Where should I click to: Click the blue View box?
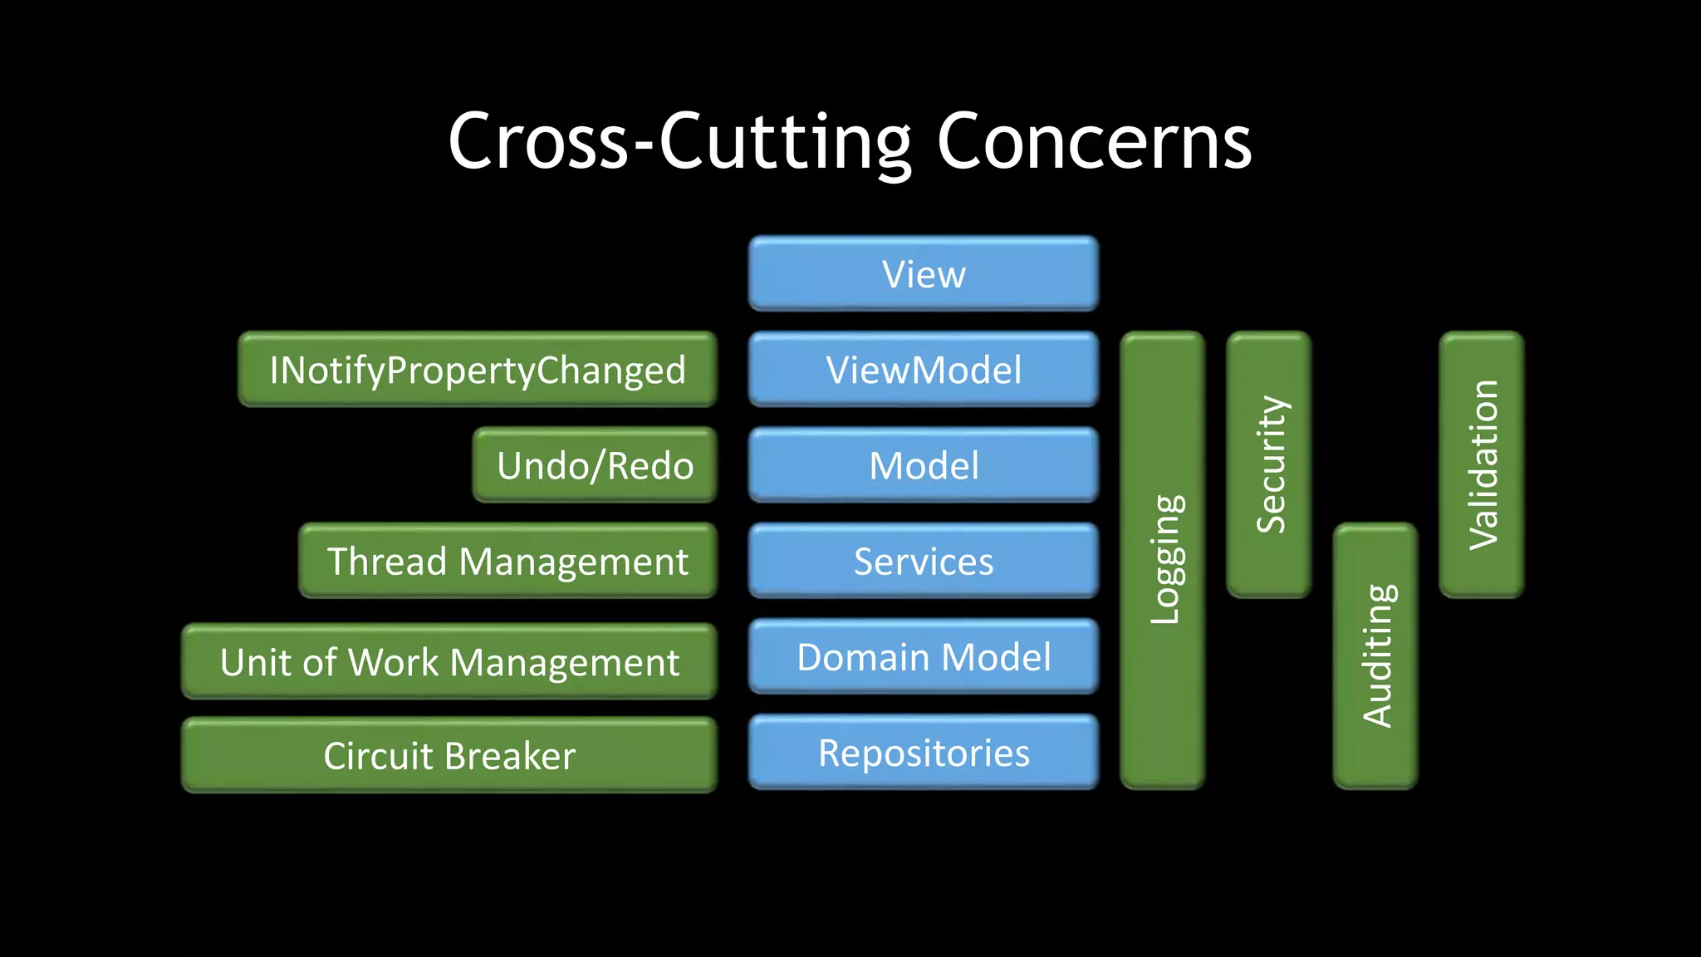pos(923,274)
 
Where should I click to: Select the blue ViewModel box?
pos(923,370)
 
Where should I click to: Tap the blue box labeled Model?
pos(923,465)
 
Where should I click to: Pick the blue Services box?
pos(923,562)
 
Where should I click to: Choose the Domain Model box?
pos(923,657)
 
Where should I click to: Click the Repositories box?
pos(923,753)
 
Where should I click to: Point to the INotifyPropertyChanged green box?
pos(478,370)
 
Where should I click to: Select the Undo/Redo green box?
pos(595,465)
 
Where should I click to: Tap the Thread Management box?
pos(507,562)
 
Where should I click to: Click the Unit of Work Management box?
pos(449,662)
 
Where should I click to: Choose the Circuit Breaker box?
pos(449,756)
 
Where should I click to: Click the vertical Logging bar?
pos(1163,560)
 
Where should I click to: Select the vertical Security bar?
pos(1269,464)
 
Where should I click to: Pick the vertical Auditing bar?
pos(1375,655)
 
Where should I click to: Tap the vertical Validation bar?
pos(1482,464)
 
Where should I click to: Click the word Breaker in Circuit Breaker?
pos(509,756)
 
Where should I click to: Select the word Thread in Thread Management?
pos(387,562)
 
